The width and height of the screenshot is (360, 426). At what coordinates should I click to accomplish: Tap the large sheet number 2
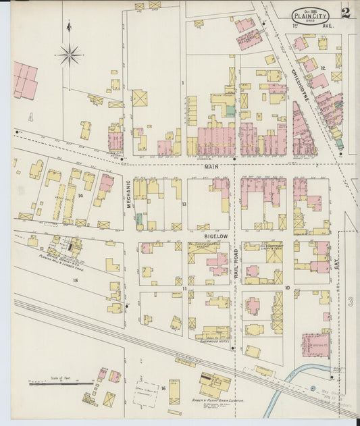pyautogui.click(x=346, y=11)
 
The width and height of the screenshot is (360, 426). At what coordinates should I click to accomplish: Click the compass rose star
pyautogui.click(x=70, y=53)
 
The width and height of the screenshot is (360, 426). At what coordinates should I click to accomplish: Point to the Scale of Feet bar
pyautogui.click(x=61, y=383)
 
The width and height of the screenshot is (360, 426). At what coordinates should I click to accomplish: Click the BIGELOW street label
pyautogui.click(x=214, y=236)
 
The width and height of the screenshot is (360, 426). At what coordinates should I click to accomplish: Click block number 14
pyautogui.click(x=80, y=195)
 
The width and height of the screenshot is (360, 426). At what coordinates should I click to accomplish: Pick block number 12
pyautogui.click(x=324, y=68)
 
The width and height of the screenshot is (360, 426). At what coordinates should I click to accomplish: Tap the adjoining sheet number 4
pyautogui.click(x=30, y=117)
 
